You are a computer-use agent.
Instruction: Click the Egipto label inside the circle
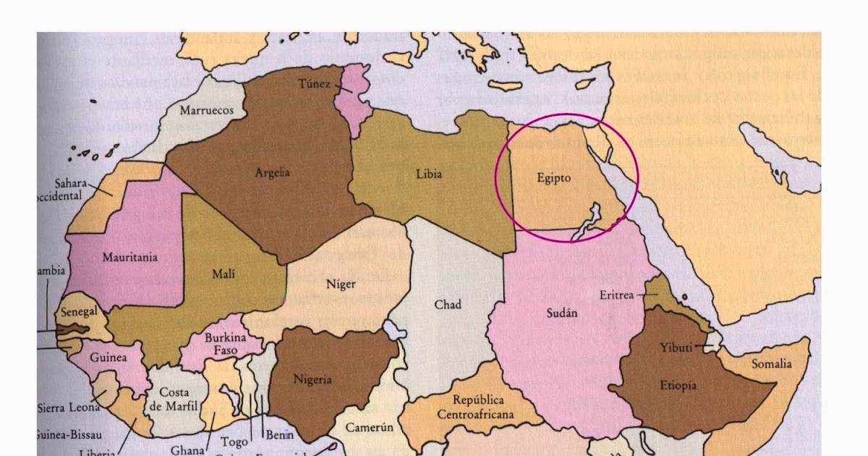click(x=555, y=177)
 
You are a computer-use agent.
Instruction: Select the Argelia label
click(x=272, y=173)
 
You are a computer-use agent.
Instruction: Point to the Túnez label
click(x=314, y=84)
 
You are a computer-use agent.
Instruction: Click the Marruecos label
click(x=206, y=111)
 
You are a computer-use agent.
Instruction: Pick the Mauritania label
click(x=130, y=257)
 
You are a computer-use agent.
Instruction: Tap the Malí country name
click(x=224, y=274)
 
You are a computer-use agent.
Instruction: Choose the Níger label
click(x=341, y=284)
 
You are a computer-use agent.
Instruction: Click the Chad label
click(x=447, y=305)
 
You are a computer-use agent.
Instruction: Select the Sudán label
click(x=561, y=313)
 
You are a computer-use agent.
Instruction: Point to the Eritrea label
click(x=616, y=295)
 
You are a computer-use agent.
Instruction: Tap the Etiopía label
click(x=678, y=385)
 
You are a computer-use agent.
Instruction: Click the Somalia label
click(x=771, y=363)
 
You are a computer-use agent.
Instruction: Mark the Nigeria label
click(x=312, y=379)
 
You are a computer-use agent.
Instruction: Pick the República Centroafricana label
click(x=475, y=407)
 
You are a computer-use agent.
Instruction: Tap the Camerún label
click(x=369, y=427)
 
